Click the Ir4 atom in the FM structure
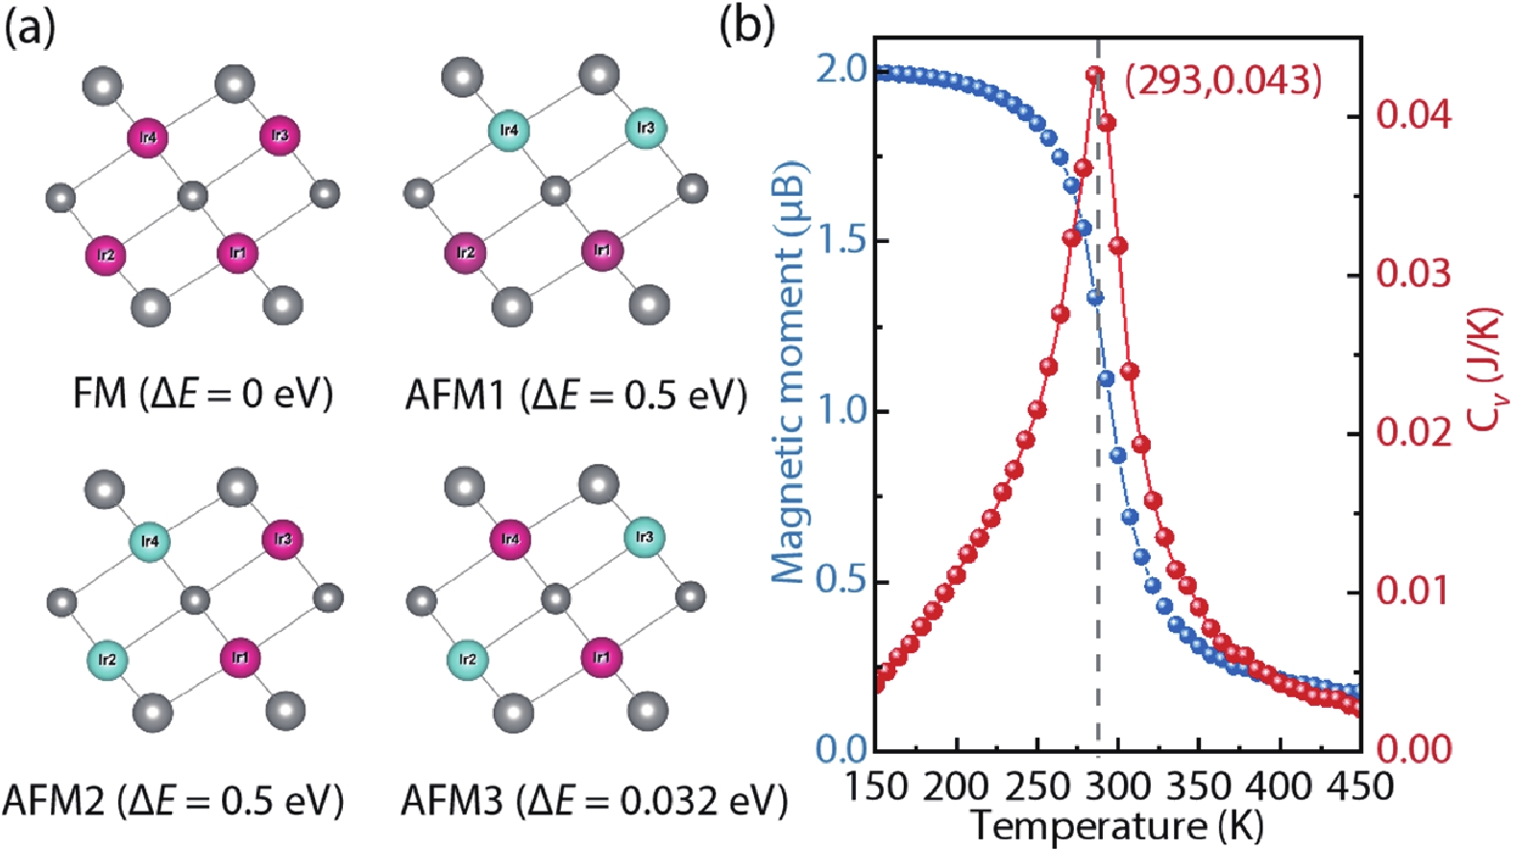click(x=148, y=138)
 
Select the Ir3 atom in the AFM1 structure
click(x=646, y=128)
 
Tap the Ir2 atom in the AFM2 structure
click(x=107, y=660)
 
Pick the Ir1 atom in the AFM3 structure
click(x=601, y=658)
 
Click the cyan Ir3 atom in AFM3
click(x=645, y=537)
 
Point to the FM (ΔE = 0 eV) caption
click(x=203, y=394)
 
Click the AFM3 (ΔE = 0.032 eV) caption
click(x=594, y=800)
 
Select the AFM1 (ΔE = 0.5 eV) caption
click(x=575, y=394)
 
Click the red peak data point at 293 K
click(x=1094, y=75)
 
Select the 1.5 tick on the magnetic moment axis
click(x=841, y=240)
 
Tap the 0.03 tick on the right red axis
click(x=1413, y=274)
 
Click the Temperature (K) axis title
click(x=1116, y=825)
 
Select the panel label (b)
click(x=746, y=26)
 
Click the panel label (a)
click(x=30, y=28)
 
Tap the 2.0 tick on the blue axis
click(x=841, y=69)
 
